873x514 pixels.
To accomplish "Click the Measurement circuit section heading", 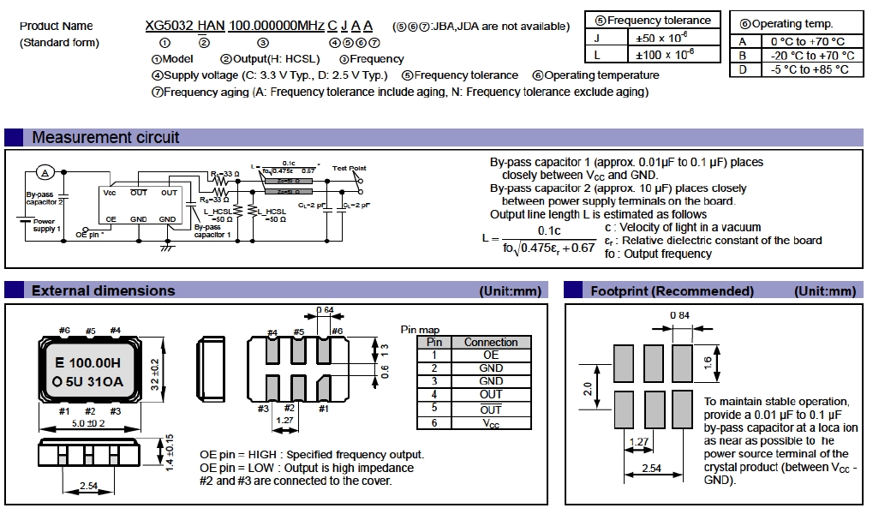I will point(105,137).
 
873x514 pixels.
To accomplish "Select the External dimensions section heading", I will point(103,290).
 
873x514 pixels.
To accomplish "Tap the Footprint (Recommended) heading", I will point(672,290).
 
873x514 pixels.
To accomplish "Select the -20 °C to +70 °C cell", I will point(808,56).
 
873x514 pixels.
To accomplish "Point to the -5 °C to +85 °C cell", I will point(808,69).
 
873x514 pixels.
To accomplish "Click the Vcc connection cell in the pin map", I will point(491,423).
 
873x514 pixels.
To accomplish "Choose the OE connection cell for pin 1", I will point(491,355).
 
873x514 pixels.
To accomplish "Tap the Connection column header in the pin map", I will point(491,342).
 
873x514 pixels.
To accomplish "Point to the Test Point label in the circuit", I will point(349,169).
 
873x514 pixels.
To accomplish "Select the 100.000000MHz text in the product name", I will point(277,26).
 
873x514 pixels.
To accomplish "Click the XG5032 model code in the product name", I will point(164,26).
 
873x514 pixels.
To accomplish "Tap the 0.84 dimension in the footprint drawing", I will point(681,316).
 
